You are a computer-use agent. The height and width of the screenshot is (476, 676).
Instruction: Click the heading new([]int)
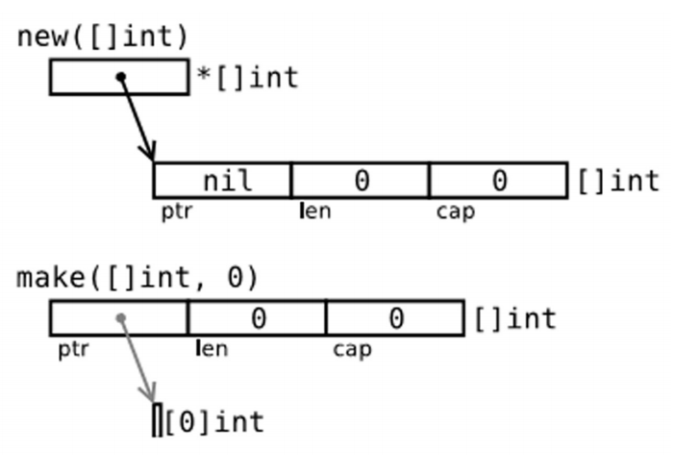coord(103,38)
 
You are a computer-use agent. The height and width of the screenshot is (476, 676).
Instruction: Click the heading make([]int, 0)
coord(138,278)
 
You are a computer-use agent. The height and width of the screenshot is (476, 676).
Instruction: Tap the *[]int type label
coord(247,77)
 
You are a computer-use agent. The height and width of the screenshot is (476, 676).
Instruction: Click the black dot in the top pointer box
coord(121,77)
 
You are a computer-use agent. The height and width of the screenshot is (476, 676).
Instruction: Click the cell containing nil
coord(223,181)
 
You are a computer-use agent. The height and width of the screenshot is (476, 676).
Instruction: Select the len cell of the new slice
coord(361,181)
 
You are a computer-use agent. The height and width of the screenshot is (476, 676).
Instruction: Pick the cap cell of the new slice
coord(498,181)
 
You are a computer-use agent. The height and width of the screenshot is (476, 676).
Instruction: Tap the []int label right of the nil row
coord(618,181)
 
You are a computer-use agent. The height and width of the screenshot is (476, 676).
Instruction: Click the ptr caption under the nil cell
coord(177,211)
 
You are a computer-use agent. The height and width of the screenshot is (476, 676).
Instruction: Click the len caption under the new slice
coord(315,211)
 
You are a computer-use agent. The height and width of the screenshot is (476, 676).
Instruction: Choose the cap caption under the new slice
coord(456,211)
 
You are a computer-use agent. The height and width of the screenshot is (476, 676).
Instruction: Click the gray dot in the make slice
coord(120,317)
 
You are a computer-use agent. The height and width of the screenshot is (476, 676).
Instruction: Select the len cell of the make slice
coord(257,318)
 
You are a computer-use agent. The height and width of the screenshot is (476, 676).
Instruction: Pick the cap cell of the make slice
coord(395,318)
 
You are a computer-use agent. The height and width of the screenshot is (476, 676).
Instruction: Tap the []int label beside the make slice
coord(513,318)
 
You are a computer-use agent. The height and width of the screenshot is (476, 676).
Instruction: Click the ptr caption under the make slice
coord(73,348)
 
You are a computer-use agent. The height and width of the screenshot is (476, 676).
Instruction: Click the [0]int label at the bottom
coord(214,421)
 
